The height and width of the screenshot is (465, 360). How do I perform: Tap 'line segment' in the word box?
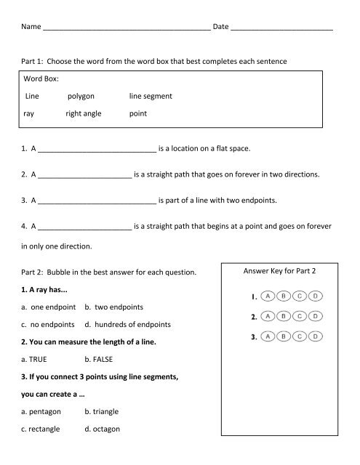tap(151, 95)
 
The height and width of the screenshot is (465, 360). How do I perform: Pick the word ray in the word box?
tap(29, 114)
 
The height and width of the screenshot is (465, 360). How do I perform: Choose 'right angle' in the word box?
tap(84, 114)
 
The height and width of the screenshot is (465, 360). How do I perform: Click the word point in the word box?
tap(138, 114)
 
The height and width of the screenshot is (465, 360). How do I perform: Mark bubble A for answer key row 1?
tap(268, 296)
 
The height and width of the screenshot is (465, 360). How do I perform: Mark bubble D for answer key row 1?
tap(315, 296)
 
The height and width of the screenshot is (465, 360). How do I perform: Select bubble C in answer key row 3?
tap(300, 337)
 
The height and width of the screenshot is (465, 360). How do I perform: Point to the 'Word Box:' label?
tap(42, 76)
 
